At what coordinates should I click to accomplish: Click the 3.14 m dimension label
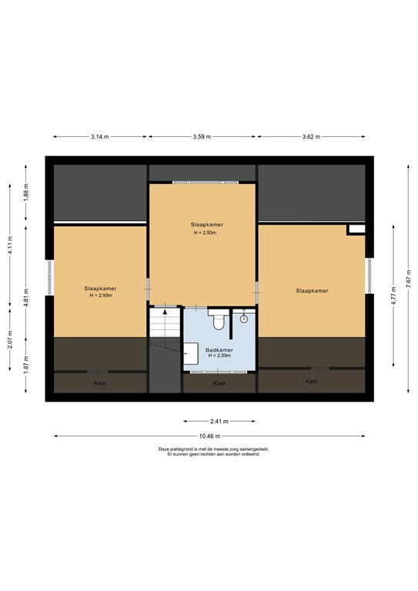tap(99, 137)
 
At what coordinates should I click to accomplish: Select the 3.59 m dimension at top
tap(202, 137)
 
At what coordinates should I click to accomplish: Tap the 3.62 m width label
tap(311, 137)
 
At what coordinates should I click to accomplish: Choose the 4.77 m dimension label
tap(393, 295)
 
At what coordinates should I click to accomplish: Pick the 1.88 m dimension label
tap(25, 190)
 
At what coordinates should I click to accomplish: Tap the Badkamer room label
tap(219, 350)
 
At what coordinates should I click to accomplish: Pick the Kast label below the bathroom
tap(219, 382)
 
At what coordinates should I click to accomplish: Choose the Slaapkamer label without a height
tap(311, 291)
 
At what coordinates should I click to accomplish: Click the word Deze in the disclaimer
tap(163, 449)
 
